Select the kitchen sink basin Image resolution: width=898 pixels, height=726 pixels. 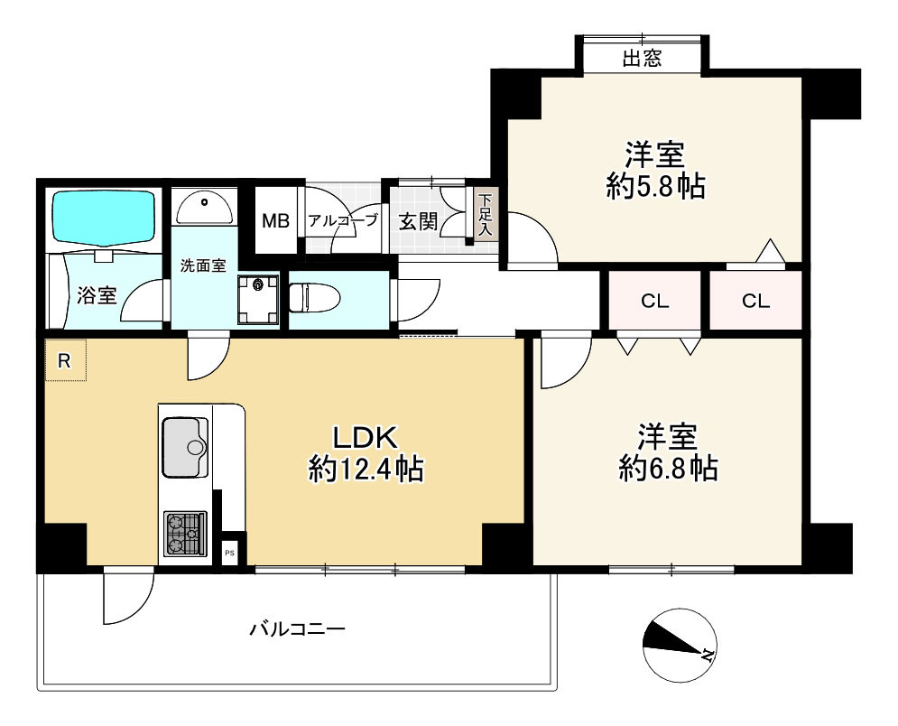point(186,447)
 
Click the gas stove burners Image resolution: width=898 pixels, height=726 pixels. point(185,534)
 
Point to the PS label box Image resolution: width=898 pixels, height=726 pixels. point(229,553)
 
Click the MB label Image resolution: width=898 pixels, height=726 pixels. point(275,220)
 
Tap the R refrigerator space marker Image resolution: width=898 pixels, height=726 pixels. point(65,360)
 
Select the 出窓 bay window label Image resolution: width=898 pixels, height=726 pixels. point(642,58)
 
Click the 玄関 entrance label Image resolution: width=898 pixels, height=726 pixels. point(418,222)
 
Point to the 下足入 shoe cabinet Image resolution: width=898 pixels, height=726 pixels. point(485,216)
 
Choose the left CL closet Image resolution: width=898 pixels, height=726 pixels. point(655,301)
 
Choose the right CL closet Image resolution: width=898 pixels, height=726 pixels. point(756,301)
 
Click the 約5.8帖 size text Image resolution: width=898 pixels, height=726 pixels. point(656,186)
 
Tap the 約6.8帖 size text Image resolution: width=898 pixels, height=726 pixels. point(669,468)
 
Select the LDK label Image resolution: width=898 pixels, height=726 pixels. point(366,438)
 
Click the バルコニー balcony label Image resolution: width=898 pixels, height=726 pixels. point(298,629)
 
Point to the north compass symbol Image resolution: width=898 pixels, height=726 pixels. point(680,645)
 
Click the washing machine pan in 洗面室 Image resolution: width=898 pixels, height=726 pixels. point(258,300)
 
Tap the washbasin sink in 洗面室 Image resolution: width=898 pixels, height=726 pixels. point(205,207)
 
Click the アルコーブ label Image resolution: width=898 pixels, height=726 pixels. point(343,220)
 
